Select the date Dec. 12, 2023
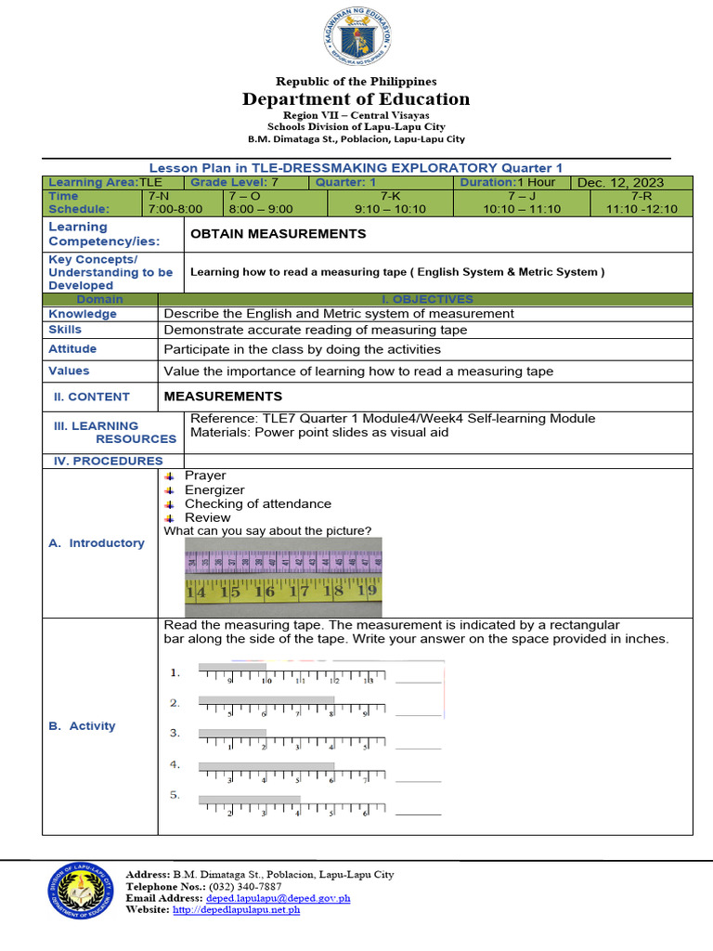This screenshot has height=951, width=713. coord(616,183)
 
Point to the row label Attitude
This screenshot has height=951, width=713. coord(72,349)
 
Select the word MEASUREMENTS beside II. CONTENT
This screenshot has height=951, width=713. coord(223,397)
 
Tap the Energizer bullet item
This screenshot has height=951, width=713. coord(214,489)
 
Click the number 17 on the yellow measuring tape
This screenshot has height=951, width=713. coord(298,591)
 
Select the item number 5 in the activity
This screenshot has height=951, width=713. coord(175,795)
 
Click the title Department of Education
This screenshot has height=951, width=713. coord(356,99)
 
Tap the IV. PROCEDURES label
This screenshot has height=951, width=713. coord(105,461)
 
